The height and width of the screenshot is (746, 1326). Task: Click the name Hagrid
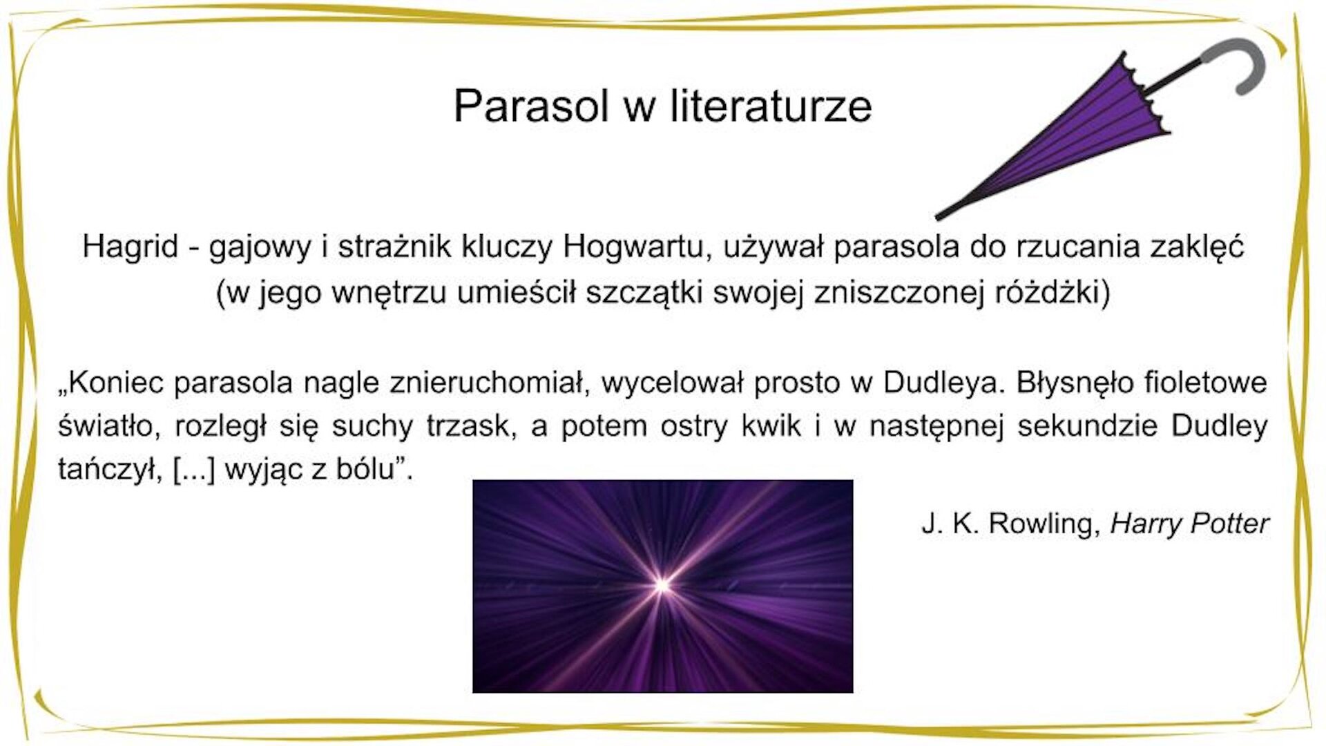coord(130,247)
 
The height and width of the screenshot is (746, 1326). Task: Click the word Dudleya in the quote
coord(942,382)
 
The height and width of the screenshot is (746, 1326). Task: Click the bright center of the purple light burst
coord(662,586)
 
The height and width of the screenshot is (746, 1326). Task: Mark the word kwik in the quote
coord(771,426)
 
